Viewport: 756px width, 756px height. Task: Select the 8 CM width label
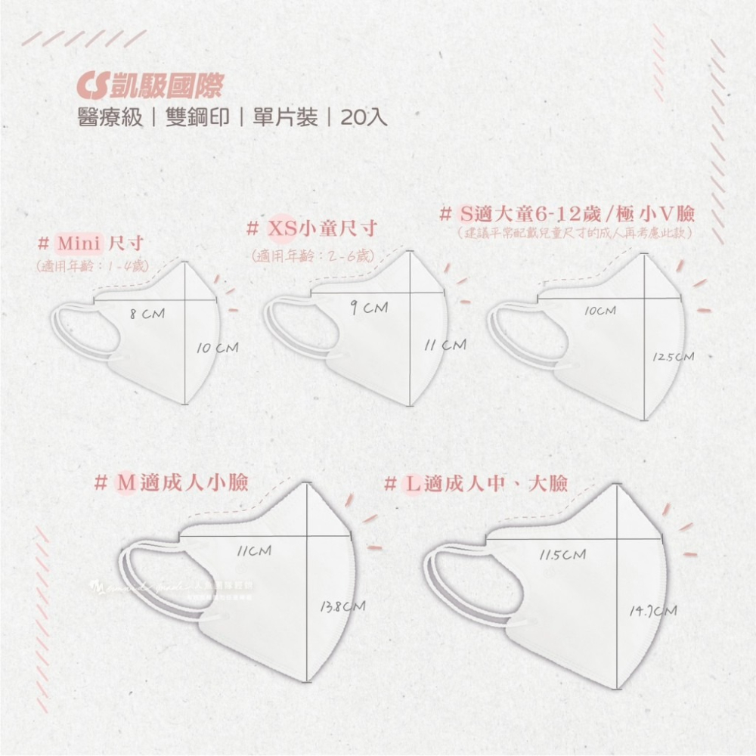[x=147, y=313]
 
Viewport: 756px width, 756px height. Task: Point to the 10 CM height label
[x=217, y=349]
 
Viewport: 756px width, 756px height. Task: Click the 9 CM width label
[x=370, y=308]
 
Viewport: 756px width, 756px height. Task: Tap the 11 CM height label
[x=445, y=345]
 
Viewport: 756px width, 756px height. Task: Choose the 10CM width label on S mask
[x=600, y=311]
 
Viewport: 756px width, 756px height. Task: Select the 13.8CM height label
[x=343, y=606]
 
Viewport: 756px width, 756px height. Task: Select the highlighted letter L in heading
[x=411, y=482]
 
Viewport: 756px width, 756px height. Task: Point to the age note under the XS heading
[x=312, y=256]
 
